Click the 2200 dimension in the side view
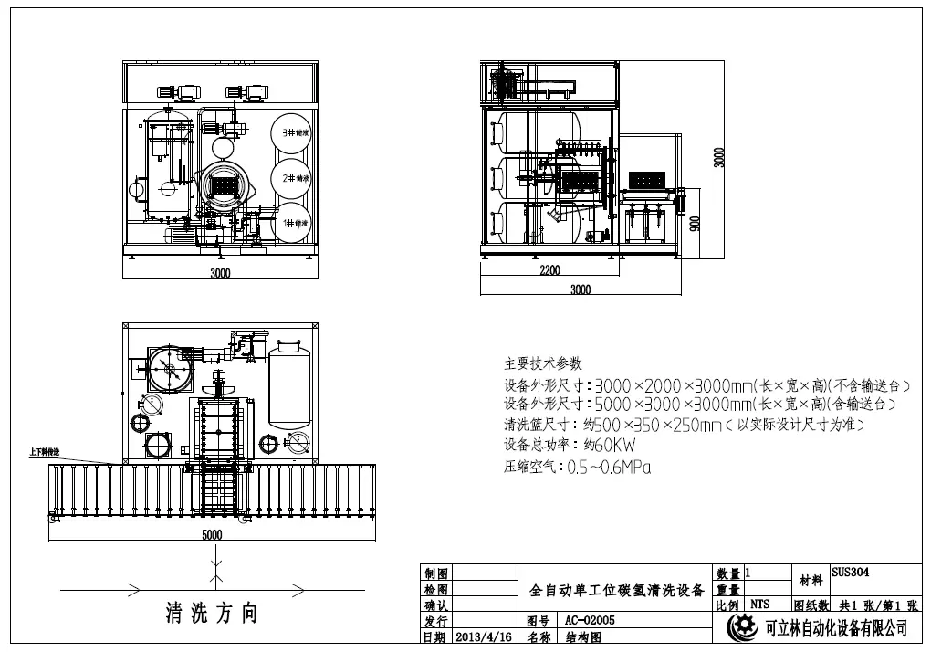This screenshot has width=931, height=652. (x=549, y=271)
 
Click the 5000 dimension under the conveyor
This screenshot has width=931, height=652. (x=212, y=535)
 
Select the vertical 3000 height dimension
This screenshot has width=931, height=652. (x=718, y=157)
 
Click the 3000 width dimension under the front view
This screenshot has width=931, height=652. (x=220, y=272)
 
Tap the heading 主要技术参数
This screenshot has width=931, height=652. (x=542, y=363)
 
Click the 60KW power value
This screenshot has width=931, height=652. (x=610, y=446)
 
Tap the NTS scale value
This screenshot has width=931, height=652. (x=759, y=604)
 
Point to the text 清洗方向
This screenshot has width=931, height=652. (x=212, y=613)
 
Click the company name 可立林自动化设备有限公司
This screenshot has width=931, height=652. (x=835, y=628)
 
